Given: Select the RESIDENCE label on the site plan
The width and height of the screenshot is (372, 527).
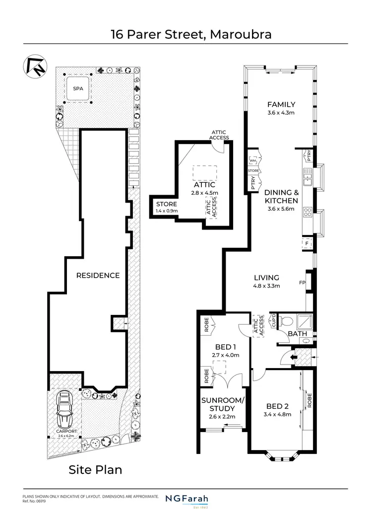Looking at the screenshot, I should pyautogui.click(x=98, y=275).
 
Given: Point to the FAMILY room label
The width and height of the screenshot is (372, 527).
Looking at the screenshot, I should pyautogui.click(x=281, y=104).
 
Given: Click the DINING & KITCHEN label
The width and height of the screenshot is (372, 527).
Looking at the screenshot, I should pyautogui.click(x=281, y=197).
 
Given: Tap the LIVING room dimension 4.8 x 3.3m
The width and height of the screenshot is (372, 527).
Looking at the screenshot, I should pyautogui.click(x=266, y=286).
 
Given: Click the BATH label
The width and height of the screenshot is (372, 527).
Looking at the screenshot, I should pyautogui.click(x=298, y=334).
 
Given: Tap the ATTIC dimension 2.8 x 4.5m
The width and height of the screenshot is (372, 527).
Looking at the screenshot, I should pyautogui.click(x=206, y=193).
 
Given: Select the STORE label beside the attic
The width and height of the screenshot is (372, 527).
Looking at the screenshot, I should pyautogui.click(x=167, y=204).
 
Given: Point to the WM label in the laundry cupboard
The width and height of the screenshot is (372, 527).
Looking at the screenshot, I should pyautogui.click(x=253, y=161).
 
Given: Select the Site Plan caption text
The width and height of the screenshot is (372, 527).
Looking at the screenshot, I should pyautogui.click(x=95, y=469).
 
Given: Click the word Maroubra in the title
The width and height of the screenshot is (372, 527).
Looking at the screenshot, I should pyautogui.click(x=241, y=34).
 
